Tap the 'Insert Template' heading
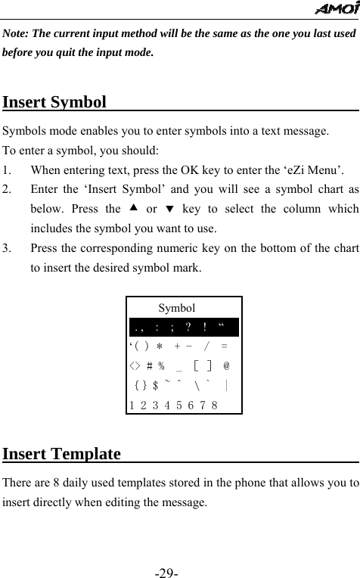coord(62,454)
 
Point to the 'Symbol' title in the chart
coord(177,308)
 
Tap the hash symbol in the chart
coord(151,365)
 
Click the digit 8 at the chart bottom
coord(216,405)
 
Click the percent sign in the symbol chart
coord(161,365)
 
